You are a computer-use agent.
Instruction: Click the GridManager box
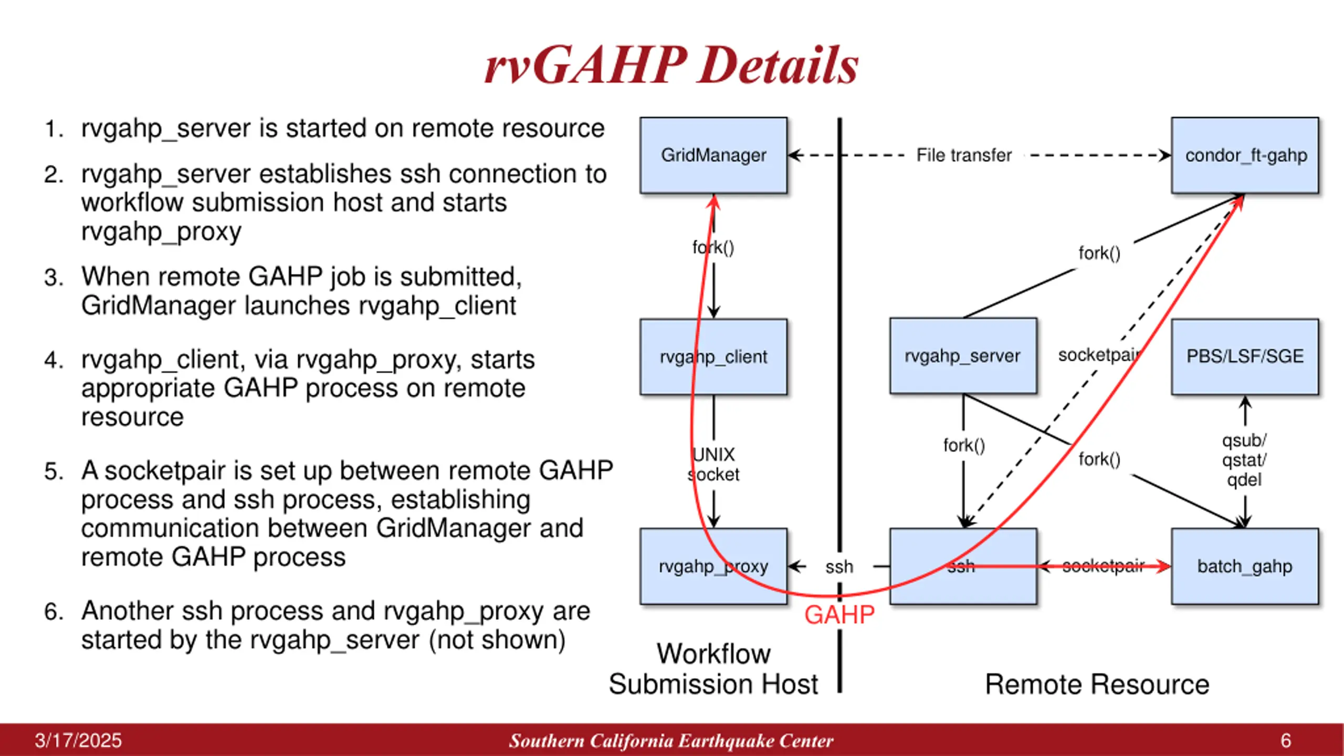[713, 155]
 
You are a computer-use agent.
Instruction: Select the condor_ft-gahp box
[1245, 155]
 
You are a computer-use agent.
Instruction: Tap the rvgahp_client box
[713, 356]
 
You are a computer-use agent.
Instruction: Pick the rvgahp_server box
[963, 355]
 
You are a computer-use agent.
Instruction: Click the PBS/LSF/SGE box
[1245, 356]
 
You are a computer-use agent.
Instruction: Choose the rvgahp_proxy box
[713, 566]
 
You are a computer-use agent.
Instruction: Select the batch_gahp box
[1245, 566]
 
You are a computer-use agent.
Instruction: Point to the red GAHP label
[839, 615]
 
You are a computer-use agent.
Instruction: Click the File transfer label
[964, 155]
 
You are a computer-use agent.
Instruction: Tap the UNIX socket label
[713, 465]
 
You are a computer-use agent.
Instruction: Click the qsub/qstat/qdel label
[1244, 460]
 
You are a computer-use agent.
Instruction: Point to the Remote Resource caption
[1097, 685]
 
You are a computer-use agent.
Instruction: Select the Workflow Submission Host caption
[713, 669]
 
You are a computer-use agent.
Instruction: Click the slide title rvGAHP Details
[671, 65]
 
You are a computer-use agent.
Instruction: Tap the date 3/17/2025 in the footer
[78, 741]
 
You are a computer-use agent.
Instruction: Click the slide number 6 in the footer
[1286, 741]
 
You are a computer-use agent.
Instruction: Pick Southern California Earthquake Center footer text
[671, 741]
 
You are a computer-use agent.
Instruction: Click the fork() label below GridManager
[713, 247]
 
